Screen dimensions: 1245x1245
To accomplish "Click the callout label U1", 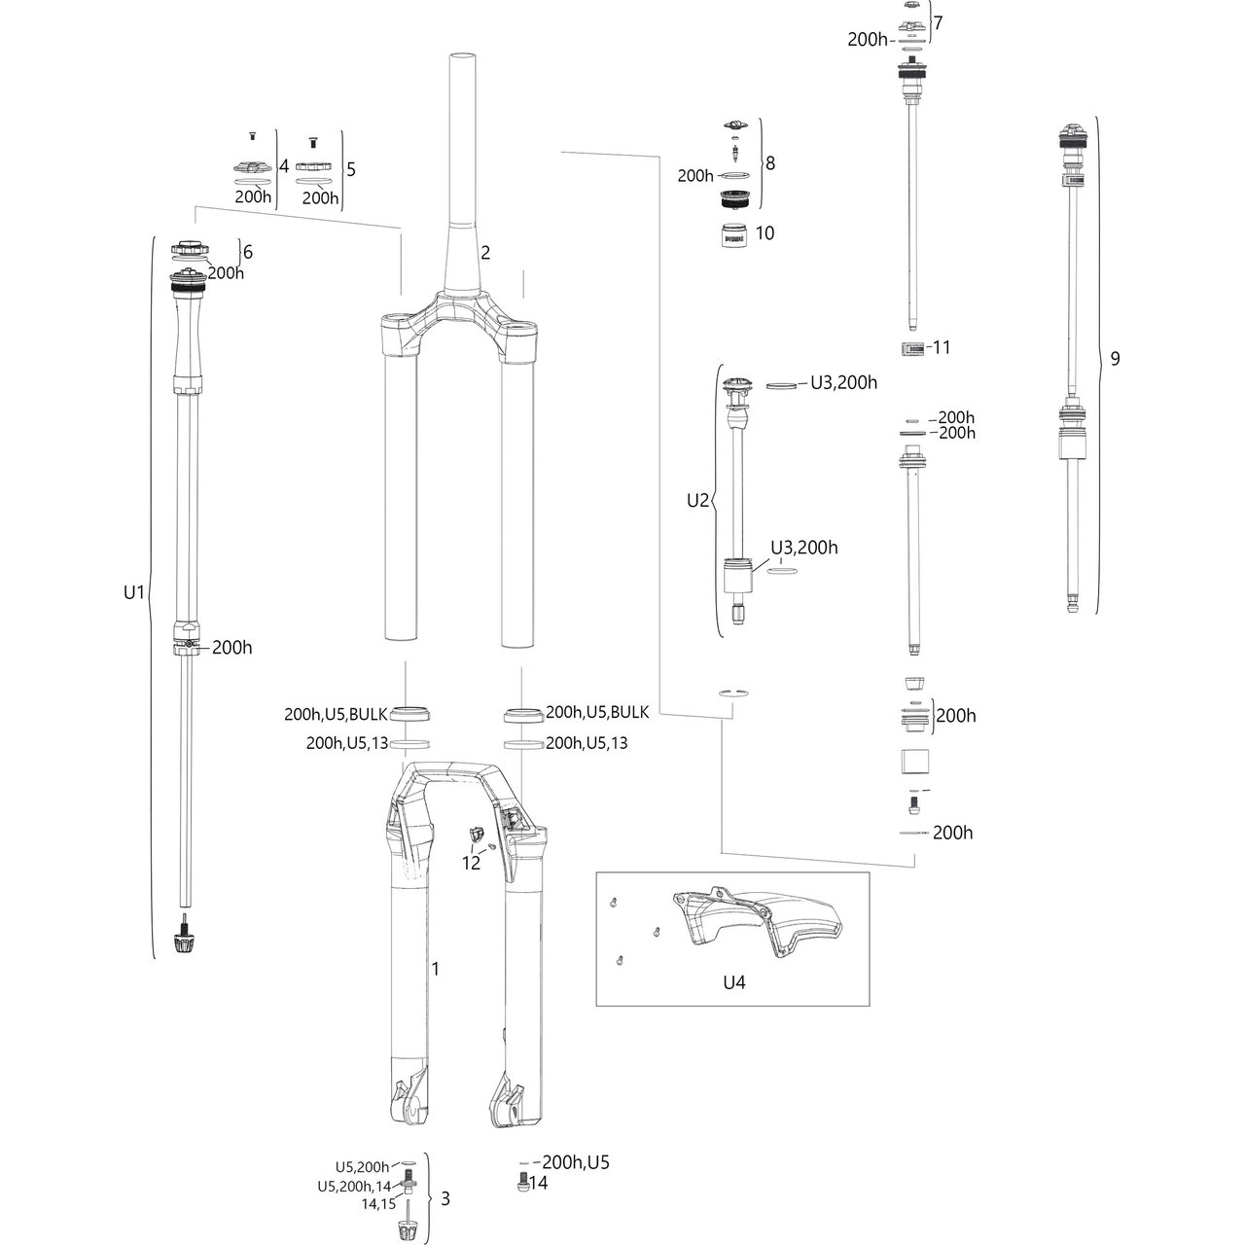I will [x=133, y=590].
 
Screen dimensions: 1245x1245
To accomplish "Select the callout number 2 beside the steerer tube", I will [x=485, y=253].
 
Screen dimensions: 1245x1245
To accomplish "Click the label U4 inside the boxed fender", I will [x=734, y=982].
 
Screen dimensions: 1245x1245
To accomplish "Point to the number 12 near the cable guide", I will [x=471, y=863].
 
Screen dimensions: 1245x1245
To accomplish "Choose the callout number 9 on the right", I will [x=1115, y=358].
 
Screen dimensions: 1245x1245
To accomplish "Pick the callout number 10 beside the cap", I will [x=765, y=233].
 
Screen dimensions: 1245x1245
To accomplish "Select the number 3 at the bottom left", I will [x=445, y=1198].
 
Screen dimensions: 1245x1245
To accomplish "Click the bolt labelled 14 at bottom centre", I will [x=522, y=1184].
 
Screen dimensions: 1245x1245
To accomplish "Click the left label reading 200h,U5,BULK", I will [x=336, y=714].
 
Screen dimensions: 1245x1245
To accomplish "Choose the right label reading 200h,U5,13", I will [x=587, y=743].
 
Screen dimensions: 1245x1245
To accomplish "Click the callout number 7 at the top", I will [x=938, y=21].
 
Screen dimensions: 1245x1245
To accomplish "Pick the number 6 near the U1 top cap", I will [x=247, y=252].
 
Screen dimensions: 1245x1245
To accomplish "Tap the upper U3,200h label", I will [x=843, y=383].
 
